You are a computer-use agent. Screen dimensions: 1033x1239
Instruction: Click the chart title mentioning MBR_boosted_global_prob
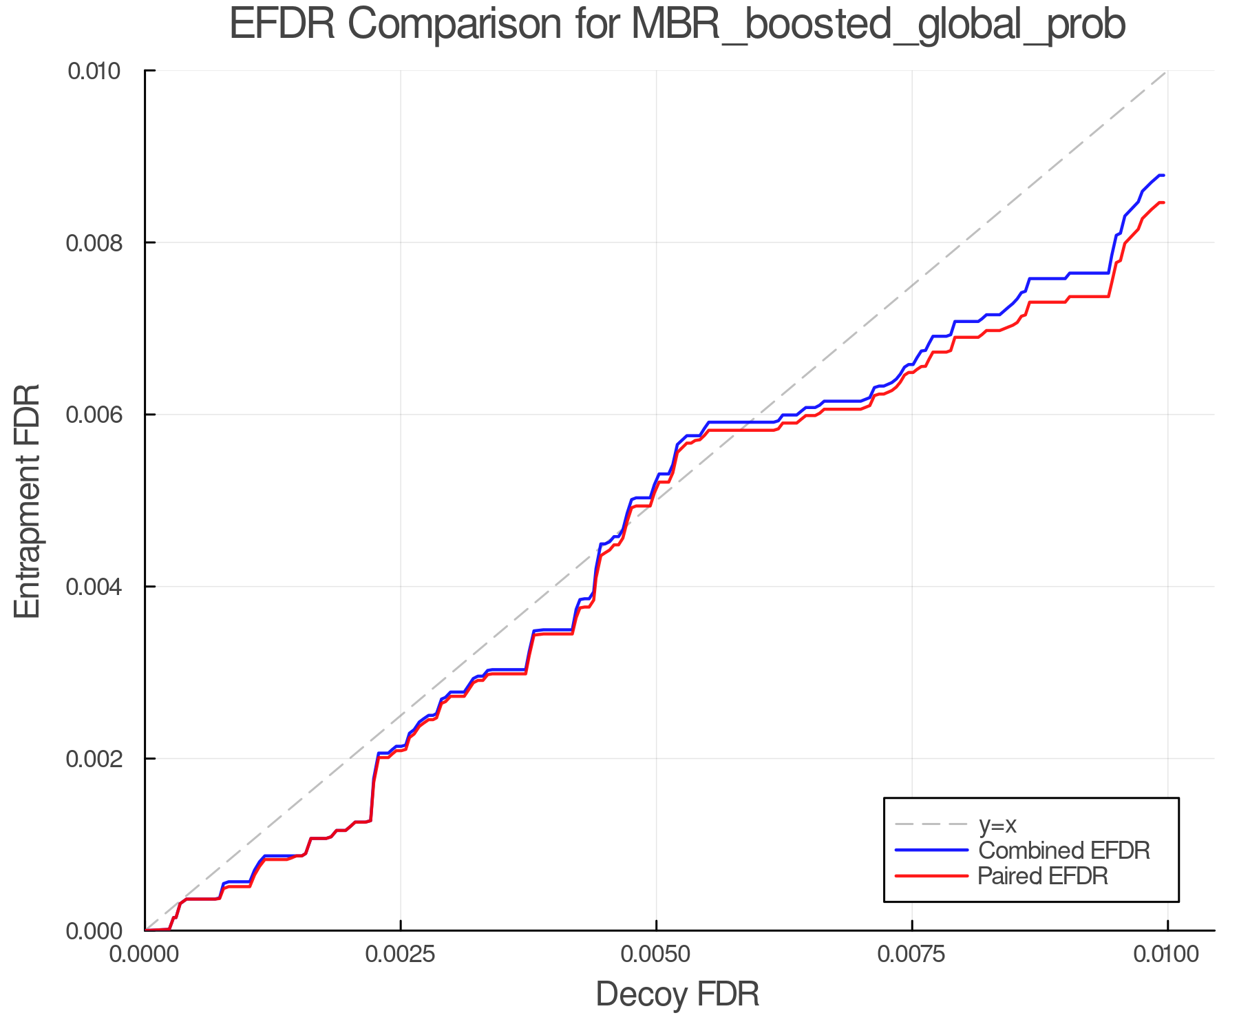[x=677, y=25]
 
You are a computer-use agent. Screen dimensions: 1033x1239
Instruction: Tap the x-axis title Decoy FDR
[x=677, y=994]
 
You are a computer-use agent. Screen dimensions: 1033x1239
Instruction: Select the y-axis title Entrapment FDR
[x=28, y=501]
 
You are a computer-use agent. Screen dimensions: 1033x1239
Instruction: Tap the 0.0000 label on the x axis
[x=145, y=954]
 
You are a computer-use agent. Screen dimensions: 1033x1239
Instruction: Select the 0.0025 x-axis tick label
[x=401, y=954]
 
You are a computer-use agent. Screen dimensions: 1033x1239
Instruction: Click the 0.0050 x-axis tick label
[x=656, y=954]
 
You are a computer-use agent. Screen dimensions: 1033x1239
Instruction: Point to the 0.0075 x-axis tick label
[x=912, y=954]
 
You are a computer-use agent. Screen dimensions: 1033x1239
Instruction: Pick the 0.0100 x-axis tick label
[x=1167, y=954]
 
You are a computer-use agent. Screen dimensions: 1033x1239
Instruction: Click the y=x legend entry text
[x=997, y=824]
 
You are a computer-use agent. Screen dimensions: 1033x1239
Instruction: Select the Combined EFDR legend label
[x=1064, y=851]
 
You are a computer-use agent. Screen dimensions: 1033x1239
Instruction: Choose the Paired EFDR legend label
[x=1043, y=876]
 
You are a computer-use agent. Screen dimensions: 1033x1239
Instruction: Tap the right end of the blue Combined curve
[x=1163, y=176]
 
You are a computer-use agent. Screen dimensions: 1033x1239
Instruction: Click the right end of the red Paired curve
[x=1163, y=202]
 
